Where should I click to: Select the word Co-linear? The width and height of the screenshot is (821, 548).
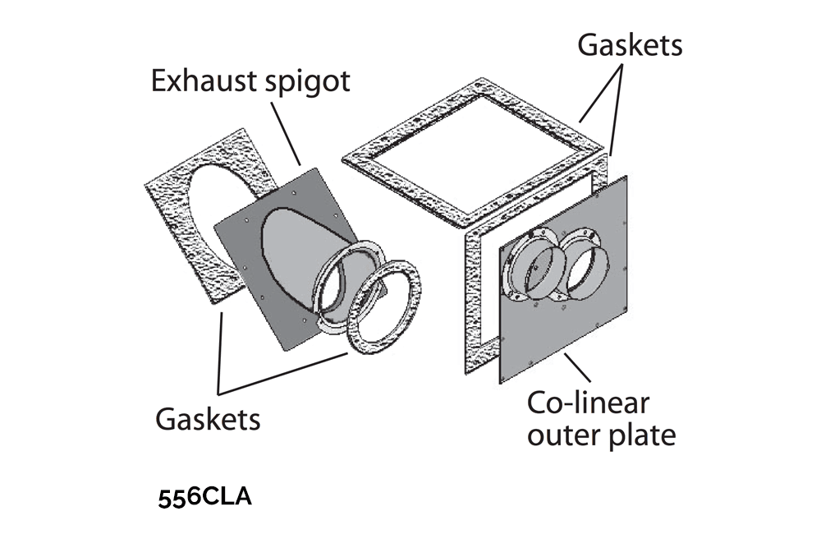click(x=588, y=403)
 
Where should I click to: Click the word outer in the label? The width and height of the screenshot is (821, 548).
click(x=562, y=435)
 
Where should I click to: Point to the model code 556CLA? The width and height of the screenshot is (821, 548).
click(x=204, y=498)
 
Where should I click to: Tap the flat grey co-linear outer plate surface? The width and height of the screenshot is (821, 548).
click(x=575, y=329)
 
